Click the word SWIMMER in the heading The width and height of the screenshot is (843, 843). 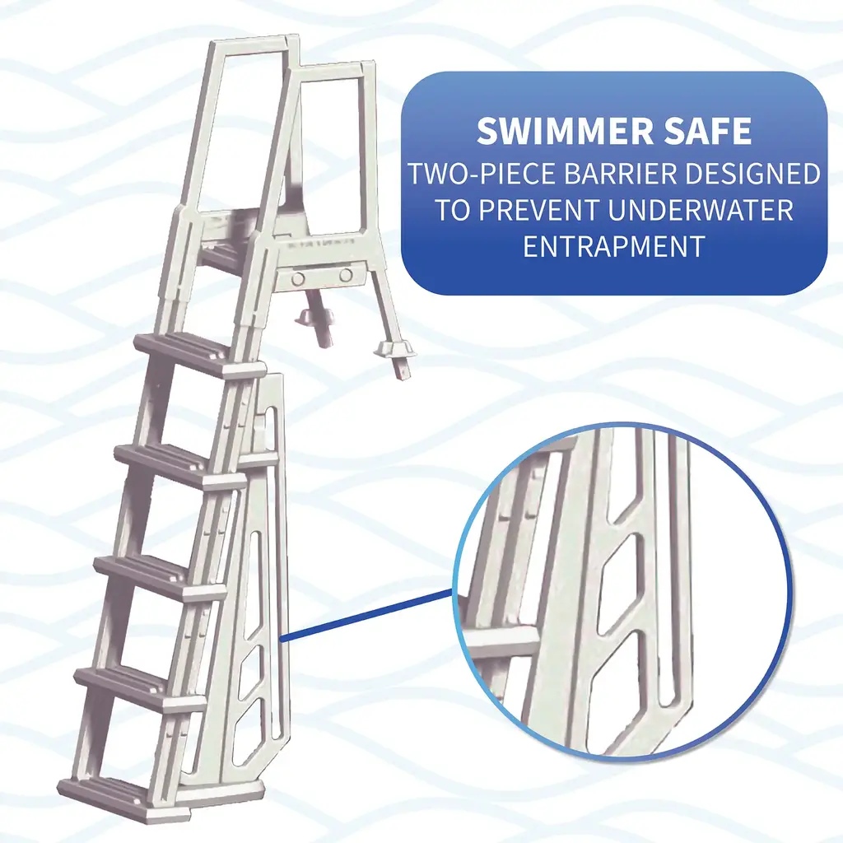pyautogui.click(x=556, y=131)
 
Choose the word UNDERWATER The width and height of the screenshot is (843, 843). pyautogui.click(x=701, y=210)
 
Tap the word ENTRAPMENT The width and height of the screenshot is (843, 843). pyautogui.click(x=614, y=247)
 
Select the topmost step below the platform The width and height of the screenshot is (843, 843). pyautogui.click(x=200, y=354)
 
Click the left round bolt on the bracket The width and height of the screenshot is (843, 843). pyautogui.click(x=298, y=278)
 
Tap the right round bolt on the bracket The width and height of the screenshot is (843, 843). pyautogui.click(x=346, y=276)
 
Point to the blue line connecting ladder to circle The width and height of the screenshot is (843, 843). pyautogui.click(x=366, y=615)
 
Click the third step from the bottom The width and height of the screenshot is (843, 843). pyautogui.click(x=161, y=578)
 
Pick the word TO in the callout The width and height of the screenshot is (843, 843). pyautogui.click(x=453, y=210)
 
